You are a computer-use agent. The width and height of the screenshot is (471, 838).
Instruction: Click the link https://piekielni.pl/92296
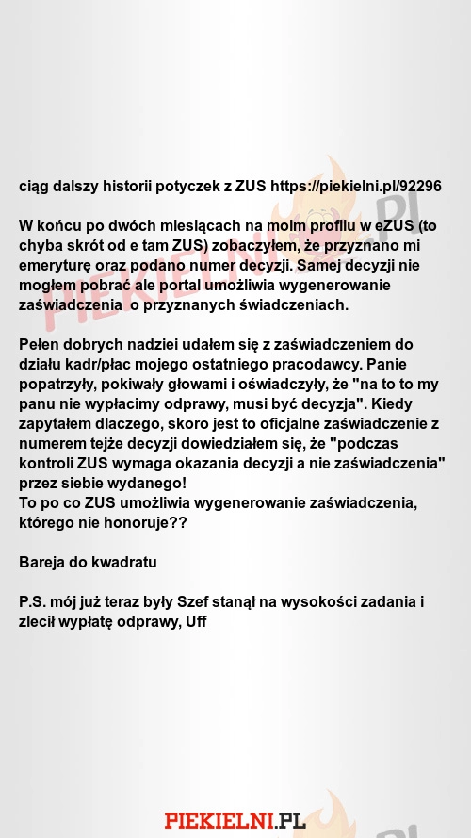coord(356,186)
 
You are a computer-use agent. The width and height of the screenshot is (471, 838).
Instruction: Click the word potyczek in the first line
coord(188,186)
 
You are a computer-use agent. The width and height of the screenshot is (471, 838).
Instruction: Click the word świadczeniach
coord(293,304)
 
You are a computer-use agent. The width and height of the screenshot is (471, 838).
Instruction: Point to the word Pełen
coord(40,344)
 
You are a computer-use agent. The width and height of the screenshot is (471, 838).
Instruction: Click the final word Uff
coord(196,621)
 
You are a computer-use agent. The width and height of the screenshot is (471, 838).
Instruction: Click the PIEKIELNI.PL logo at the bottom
coord(235,820)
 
